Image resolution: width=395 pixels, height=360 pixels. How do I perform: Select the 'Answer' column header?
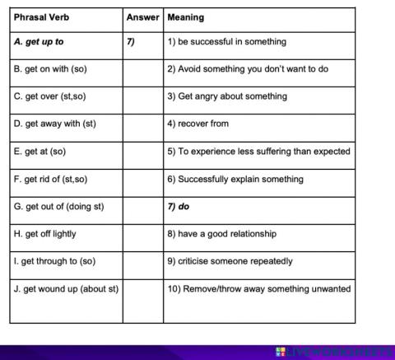[x=142, y=17]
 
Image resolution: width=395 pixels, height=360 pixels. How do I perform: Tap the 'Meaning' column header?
[x=185, y=17]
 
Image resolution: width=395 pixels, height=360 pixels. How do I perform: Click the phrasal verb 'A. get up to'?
[x=39, y=42]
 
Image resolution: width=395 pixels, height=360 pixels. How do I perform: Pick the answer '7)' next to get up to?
[x=132, y=42]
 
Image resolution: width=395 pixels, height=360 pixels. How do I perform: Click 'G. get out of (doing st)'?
[x=59, y=206]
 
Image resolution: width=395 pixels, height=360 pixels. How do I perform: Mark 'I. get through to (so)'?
[x=55, y=261]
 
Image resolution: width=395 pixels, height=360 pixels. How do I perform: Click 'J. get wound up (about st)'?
[x=67, y=289]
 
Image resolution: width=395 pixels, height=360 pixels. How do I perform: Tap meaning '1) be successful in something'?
[x=227, y=42]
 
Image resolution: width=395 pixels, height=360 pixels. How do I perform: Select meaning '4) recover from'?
[x=198, y=124]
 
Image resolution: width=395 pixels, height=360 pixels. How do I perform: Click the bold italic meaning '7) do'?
[x=179, y=206]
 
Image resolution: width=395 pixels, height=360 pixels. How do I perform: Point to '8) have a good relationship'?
[x=222, y=234]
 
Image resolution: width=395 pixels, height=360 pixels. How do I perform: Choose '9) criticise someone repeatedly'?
[x=230, y=261]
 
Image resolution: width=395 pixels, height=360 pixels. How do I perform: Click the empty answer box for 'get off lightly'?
[x=142, y=234]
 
